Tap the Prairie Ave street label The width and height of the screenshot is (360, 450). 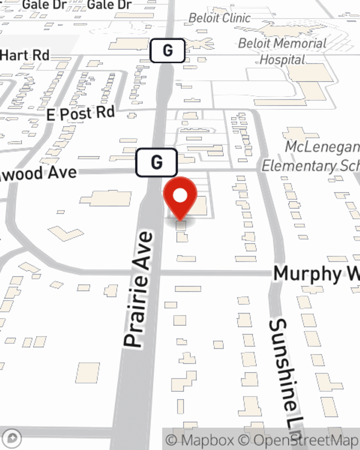click(x=139, y=290)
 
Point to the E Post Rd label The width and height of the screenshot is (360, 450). click(x=81, y=114)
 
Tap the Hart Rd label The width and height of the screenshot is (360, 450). click(x=24, y=55)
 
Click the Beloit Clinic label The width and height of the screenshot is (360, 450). click(x=220, y=18)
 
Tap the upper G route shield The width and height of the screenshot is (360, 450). click(x=167, y=50)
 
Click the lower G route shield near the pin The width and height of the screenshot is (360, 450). click(x=157, y=162)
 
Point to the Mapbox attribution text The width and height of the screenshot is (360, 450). click(x=200, y=440)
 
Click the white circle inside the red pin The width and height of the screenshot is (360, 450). click(x=180, y=196)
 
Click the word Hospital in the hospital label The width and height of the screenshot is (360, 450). click(x=282, y=60)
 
